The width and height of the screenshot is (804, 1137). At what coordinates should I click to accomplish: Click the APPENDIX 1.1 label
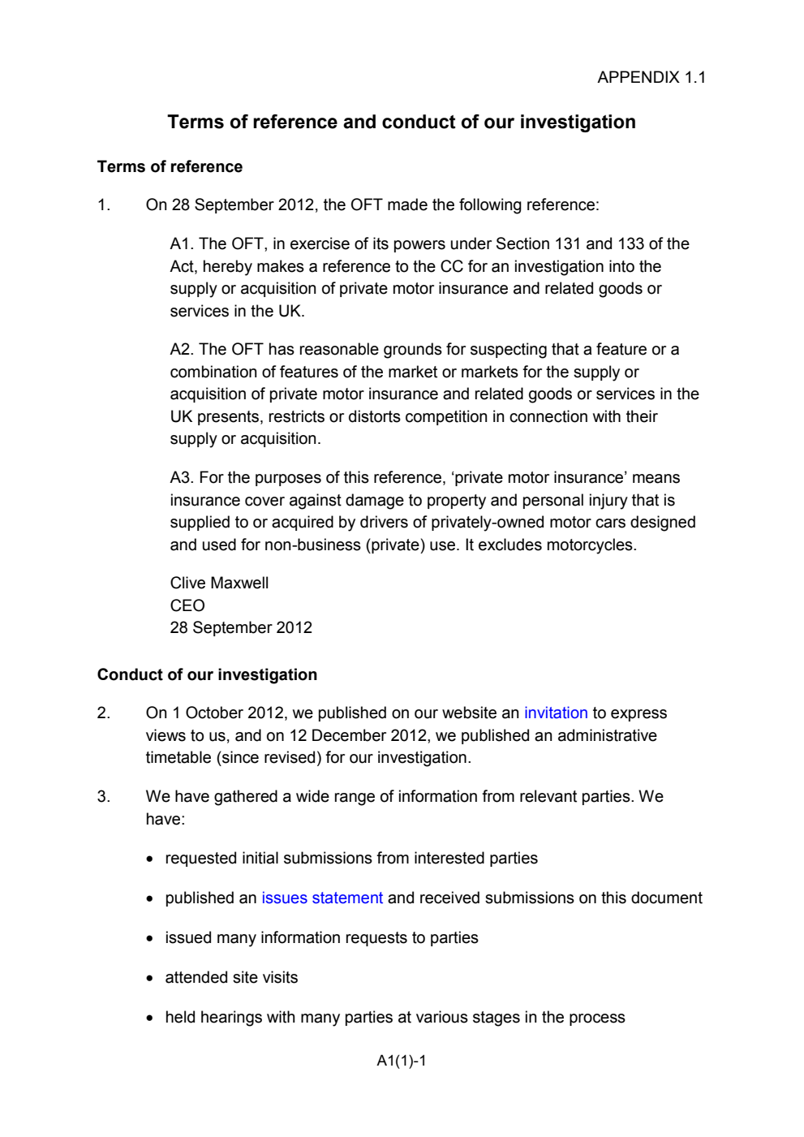tap(651, 78)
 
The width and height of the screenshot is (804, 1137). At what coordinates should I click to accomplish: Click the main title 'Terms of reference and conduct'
tap(401, 123)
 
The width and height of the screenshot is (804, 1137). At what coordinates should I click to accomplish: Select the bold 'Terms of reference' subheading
tap(170, 167)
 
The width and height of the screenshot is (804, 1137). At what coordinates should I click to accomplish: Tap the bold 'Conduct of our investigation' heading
tap(207, 675)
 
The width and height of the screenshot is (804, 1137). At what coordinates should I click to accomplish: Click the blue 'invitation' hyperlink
tap(555, 713)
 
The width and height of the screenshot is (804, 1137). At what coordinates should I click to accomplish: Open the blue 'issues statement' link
tap(321, 898)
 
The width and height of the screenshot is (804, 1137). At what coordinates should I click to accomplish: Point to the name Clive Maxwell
tap(219, 584)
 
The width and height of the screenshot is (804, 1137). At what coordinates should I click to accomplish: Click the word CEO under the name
tap(187, 606)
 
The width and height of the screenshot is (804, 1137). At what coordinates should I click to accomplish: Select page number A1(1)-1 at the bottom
tap(401, 1061)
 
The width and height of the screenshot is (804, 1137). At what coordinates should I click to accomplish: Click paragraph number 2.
tap(103, 713)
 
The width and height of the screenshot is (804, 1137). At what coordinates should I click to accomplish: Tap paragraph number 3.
tap(103, 797)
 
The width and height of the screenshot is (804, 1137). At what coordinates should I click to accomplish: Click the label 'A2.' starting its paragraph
tap(182, 350)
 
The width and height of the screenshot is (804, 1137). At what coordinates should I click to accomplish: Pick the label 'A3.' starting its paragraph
tap(182, 478)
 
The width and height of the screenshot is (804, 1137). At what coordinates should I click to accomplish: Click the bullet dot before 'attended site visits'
tap(150, 979)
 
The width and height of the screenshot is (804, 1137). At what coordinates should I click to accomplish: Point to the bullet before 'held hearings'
tap(150, 1019)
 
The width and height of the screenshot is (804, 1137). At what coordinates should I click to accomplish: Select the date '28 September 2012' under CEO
tap(241, 628)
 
